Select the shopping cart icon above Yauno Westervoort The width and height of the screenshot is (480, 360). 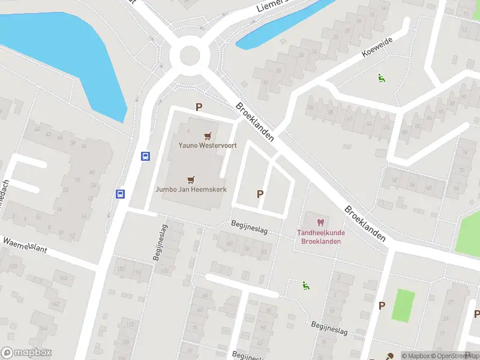click(x=207, y=136)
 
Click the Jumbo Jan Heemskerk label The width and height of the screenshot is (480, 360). click(x=190, y=188)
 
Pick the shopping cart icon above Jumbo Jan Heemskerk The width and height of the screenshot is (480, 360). click(x=191, y=179)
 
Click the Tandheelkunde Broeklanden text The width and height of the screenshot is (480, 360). click(x=320, y=237)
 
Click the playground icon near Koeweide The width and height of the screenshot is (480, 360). click(x=380, y=77)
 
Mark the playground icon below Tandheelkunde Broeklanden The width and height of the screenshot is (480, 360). click(x=306, y=286)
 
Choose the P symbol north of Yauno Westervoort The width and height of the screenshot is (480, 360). click(x=199, y=107)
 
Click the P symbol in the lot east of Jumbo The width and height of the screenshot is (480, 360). click(x=260, y=194)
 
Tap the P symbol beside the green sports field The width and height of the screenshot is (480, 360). click(x=382, y=305)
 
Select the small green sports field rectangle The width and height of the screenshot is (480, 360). click(x=403, y=305)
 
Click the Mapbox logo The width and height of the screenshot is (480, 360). click(x=26, y=353)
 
